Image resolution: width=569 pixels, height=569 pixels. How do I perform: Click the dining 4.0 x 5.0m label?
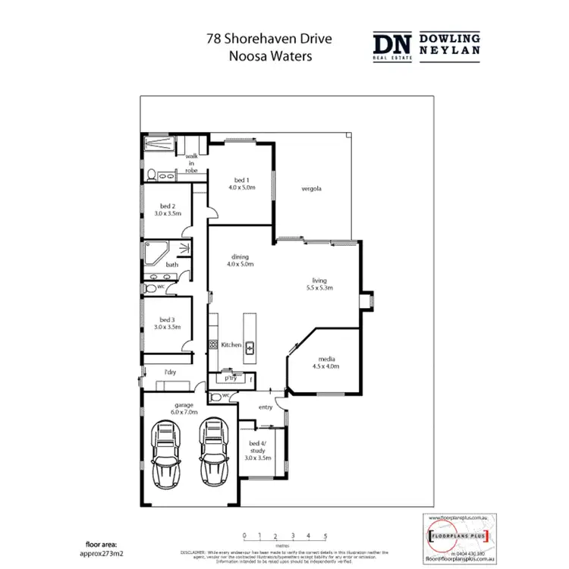[239, 260]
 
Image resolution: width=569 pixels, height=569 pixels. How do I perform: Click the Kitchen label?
[231, 345]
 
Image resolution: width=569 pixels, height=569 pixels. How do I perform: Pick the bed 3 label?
[168, 323]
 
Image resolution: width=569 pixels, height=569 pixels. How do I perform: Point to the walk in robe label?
[191, 163]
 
